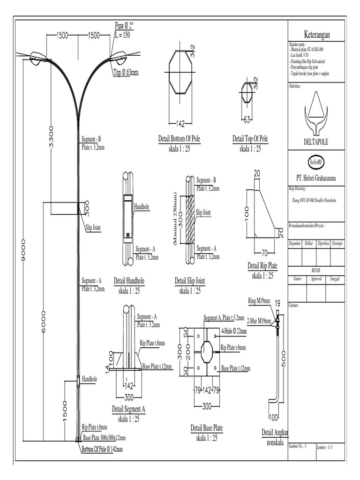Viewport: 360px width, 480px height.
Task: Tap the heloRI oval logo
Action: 316,162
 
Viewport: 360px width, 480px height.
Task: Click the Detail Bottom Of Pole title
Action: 180,139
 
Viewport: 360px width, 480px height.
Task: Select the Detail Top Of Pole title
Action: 250,139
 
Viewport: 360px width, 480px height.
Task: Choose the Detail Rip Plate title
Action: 262,266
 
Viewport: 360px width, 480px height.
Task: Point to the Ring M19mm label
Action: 259,300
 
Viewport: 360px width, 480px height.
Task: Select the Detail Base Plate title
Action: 207,428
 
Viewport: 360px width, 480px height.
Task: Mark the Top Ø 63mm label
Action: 126,72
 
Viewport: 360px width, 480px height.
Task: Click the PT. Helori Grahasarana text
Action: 316,178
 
